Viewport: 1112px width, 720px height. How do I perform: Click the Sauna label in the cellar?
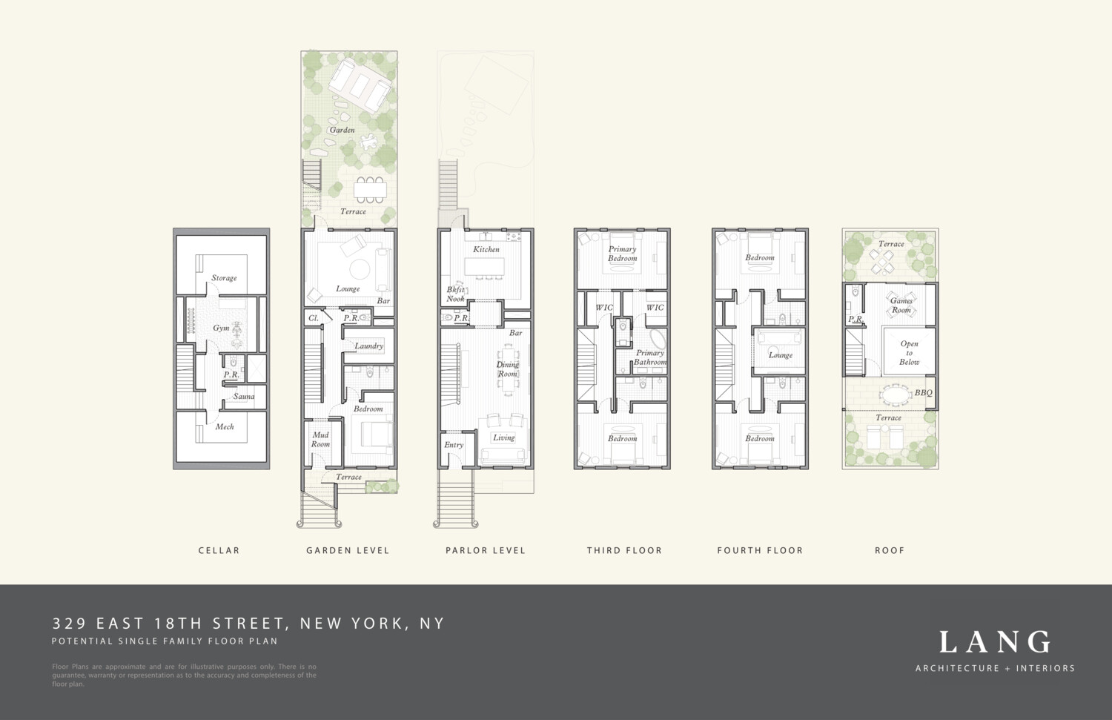(244, 397)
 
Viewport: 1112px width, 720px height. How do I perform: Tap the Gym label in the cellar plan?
(221, 328)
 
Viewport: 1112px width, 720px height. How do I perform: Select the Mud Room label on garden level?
(320, 440)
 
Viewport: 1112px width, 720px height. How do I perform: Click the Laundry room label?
(368, 346)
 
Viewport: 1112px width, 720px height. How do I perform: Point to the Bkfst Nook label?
(456, 294)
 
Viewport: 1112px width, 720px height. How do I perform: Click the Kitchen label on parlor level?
(486, 249)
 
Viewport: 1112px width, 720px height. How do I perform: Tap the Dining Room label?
(508, 369)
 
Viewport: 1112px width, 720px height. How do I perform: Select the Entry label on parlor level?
(454, 445)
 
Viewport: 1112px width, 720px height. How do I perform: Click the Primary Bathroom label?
(650, 357)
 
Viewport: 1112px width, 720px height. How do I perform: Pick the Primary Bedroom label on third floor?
(623, 254)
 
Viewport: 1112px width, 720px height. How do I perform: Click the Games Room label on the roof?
(901, 305)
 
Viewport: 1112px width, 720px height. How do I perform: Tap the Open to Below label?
(910, 353)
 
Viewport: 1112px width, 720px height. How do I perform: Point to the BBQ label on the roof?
(924, 393)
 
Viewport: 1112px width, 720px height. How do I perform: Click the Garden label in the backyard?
(342, 130)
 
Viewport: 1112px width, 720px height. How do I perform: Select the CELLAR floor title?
(219, 550)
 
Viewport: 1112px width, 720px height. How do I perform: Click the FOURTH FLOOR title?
(760, 550)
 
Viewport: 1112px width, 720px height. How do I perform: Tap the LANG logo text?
(995, 642)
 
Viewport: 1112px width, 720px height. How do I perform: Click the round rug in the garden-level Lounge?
(360, 268)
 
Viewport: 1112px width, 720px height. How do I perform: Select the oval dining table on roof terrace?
(896, 392)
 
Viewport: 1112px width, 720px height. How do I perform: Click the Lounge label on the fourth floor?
(781, 355)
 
